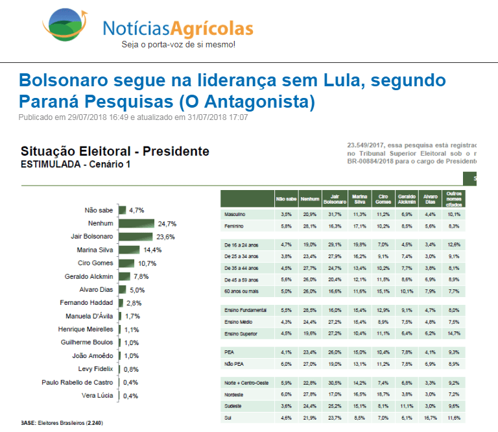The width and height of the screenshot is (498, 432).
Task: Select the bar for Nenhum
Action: [x=136, y=223]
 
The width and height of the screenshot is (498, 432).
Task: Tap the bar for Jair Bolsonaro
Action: [x=135, y=237]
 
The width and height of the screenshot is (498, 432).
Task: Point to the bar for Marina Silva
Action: [x=128, y=250]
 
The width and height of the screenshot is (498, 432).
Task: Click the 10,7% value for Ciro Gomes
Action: [x=145, y=263]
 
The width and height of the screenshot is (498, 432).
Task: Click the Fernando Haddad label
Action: [x=87, y=303]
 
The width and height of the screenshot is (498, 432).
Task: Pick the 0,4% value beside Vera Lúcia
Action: [x=131, y=396]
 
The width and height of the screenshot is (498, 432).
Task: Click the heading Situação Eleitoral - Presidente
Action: [x=115, y=152]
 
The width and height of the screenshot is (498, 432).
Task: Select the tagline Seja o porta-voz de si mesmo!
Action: [x=178, y=45]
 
